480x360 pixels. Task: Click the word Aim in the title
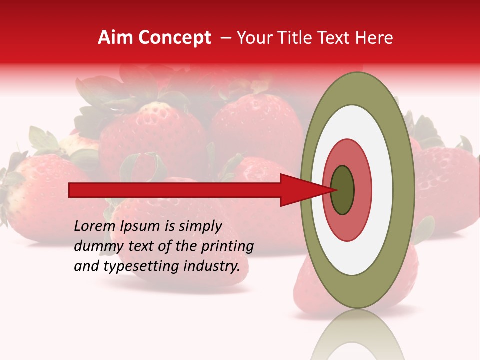[x=115, y=38]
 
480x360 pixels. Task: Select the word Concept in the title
[x=174, y=38]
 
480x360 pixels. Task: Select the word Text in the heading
[x=336, y=38]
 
